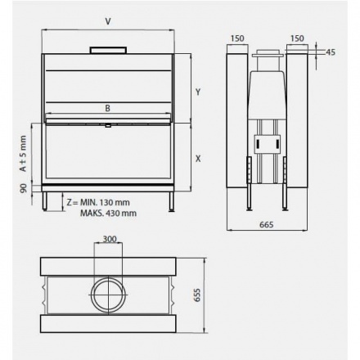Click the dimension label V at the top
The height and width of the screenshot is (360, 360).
(108, 21)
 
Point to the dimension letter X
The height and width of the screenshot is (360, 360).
(198, 157)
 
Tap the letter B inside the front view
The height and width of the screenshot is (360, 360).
(107, 107)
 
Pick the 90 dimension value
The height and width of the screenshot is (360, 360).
(23, 188)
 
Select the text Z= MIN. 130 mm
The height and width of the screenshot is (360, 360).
(98, 201)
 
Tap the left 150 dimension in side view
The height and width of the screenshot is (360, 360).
(237, 38)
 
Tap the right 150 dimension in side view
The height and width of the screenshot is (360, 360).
(297, 38)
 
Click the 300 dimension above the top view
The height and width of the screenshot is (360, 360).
(109, 240)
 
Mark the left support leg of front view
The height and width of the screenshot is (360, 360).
(47, 201)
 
